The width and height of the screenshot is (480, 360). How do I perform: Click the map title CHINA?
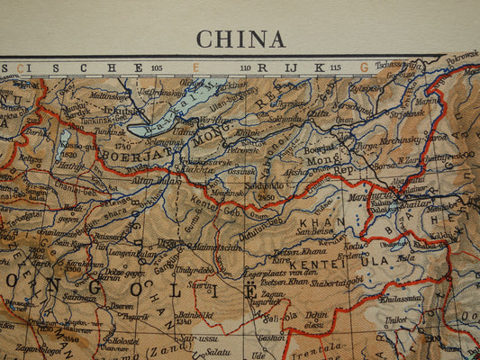240,39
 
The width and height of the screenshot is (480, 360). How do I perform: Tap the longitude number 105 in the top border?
158,67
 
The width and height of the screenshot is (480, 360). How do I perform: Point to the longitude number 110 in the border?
245,67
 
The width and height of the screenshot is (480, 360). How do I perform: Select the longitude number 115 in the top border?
334,67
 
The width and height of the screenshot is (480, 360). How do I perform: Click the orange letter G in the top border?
364,67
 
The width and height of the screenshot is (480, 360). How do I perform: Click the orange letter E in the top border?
195,67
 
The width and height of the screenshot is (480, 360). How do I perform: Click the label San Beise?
314,231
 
